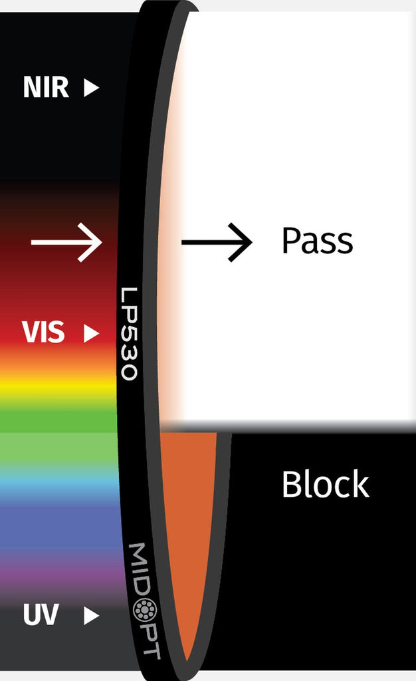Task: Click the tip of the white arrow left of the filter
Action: (102, 242)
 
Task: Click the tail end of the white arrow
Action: (31, 242)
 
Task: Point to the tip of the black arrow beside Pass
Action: (252, 242)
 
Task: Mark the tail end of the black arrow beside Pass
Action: (182, 242)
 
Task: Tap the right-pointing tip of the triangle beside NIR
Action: (99, 87)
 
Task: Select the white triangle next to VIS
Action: (92, 333)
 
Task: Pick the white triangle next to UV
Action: (92, 615)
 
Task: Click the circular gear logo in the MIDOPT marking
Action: (144, 610)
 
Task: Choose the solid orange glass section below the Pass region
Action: (188, 521)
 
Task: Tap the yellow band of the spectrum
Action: (58, 388)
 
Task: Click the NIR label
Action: (46, 87)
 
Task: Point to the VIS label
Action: (43, 333)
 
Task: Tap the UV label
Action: (41, 614)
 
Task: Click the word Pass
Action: (317, 240)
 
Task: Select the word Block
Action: (326, 483)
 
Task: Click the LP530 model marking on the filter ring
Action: (130, 333)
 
